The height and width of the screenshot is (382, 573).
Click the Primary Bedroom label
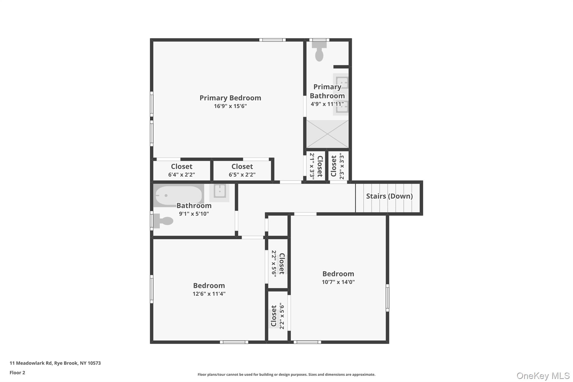[x=230, y=98]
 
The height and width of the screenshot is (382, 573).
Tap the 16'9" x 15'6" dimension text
[x=230, y=106]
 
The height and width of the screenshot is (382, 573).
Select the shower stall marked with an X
[x=327, y=134]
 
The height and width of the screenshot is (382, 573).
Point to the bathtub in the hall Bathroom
[x=179, y=195]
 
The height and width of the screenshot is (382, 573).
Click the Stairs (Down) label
[x=389, y=196]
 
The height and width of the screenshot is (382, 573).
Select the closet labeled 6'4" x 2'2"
[x=181, y=170]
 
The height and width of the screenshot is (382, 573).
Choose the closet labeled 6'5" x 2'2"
[x=242, y=170]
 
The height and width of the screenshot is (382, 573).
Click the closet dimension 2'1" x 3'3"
[x=312, y=166]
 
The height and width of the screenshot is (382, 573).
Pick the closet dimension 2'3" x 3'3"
[x=341, y=166]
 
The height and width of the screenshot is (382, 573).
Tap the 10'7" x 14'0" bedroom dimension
[x=338, y=282]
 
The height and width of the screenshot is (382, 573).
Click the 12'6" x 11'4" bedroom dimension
[x=209, y=294]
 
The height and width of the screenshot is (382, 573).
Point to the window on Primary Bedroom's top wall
[x=272, y=40]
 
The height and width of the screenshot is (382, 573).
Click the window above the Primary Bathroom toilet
[x=319, y=40]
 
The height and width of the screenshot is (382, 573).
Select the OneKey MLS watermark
[x=543, y=376]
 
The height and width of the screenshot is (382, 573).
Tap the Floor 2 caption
[x=17, y=372]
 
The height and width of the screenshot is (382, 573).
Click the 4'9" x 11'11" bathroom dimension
[x=327, y=104]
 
